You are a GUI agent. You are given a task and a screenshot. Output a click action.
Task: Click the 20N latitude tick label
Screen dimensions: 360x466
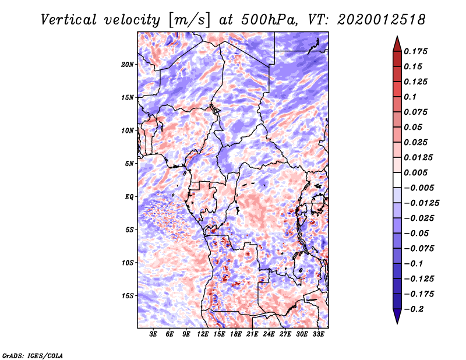(128, 64)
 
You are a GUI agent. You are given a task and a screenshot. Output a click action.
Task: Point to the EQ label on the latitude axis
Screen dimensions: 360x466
(129, 196)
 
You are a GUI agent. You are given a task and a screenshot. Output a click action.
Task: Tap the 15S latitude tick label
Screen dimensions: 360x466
(128, 295)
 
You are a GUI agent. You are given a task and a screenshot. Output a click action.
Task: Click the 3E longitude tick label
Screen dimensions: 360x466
(154, 334)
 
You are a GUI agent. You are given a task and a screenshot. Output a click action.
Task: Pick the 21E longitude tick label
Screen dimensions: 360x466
(252, 334)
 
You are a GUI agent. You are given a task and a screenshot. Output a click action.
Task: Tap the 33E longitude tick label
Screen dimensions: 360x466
(318, 334)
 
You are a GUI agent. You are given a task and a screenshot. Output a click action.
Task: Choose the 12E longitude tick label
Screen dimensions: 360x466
(203, 334)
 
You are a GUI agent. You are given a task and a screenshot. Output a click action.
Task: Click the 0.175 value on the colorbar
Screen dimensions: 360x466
(416, 51)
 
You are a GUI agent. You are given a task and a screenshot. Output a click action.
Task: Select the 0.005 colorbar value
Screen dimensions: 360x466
(416, 172)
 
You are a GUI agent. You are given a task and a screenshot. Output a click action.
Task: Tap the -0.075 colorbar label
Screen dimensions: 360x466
(419, 248)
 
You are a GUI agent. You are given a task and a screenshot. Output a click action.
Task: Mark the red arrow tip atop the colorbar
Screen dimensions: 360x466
(396, 38)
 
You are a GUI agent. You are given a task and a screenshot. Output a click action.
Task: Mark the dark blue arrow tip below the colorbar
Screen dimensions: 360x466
(396, 321)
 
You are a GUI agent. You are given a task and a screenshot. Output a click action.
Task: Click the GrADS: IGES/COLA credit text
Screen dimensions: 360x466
(32, 355)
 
